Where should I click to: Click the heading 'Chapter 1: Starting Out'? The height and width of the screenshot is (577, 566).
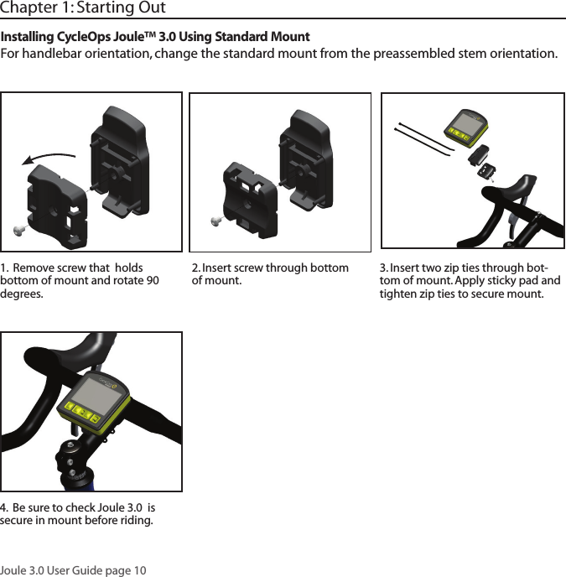coord(83,8)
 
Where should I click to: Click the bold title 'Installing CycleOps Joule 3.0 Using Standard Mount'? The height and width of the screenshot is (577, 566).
coord(155,38)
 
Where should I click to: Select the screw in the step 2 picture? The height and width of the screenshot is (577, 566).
coord(216,220)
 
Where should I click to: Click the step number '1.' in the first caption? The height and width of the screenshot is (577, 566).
coord(6,268)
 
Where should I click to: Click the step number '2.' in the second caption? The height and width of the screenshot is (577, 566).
coord(196,268)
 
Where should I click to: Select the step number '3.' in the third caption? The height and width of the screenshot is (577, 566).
coord(384,268)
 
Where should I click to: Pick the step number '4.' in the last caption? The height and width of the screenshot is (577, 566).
coord(6,508)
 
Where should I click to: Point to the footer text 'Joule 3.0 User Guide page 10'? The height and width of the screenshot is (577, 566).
coord(73,570)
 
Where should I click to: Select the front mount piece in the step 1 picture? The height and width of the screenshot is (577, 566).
coord(56,199)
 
